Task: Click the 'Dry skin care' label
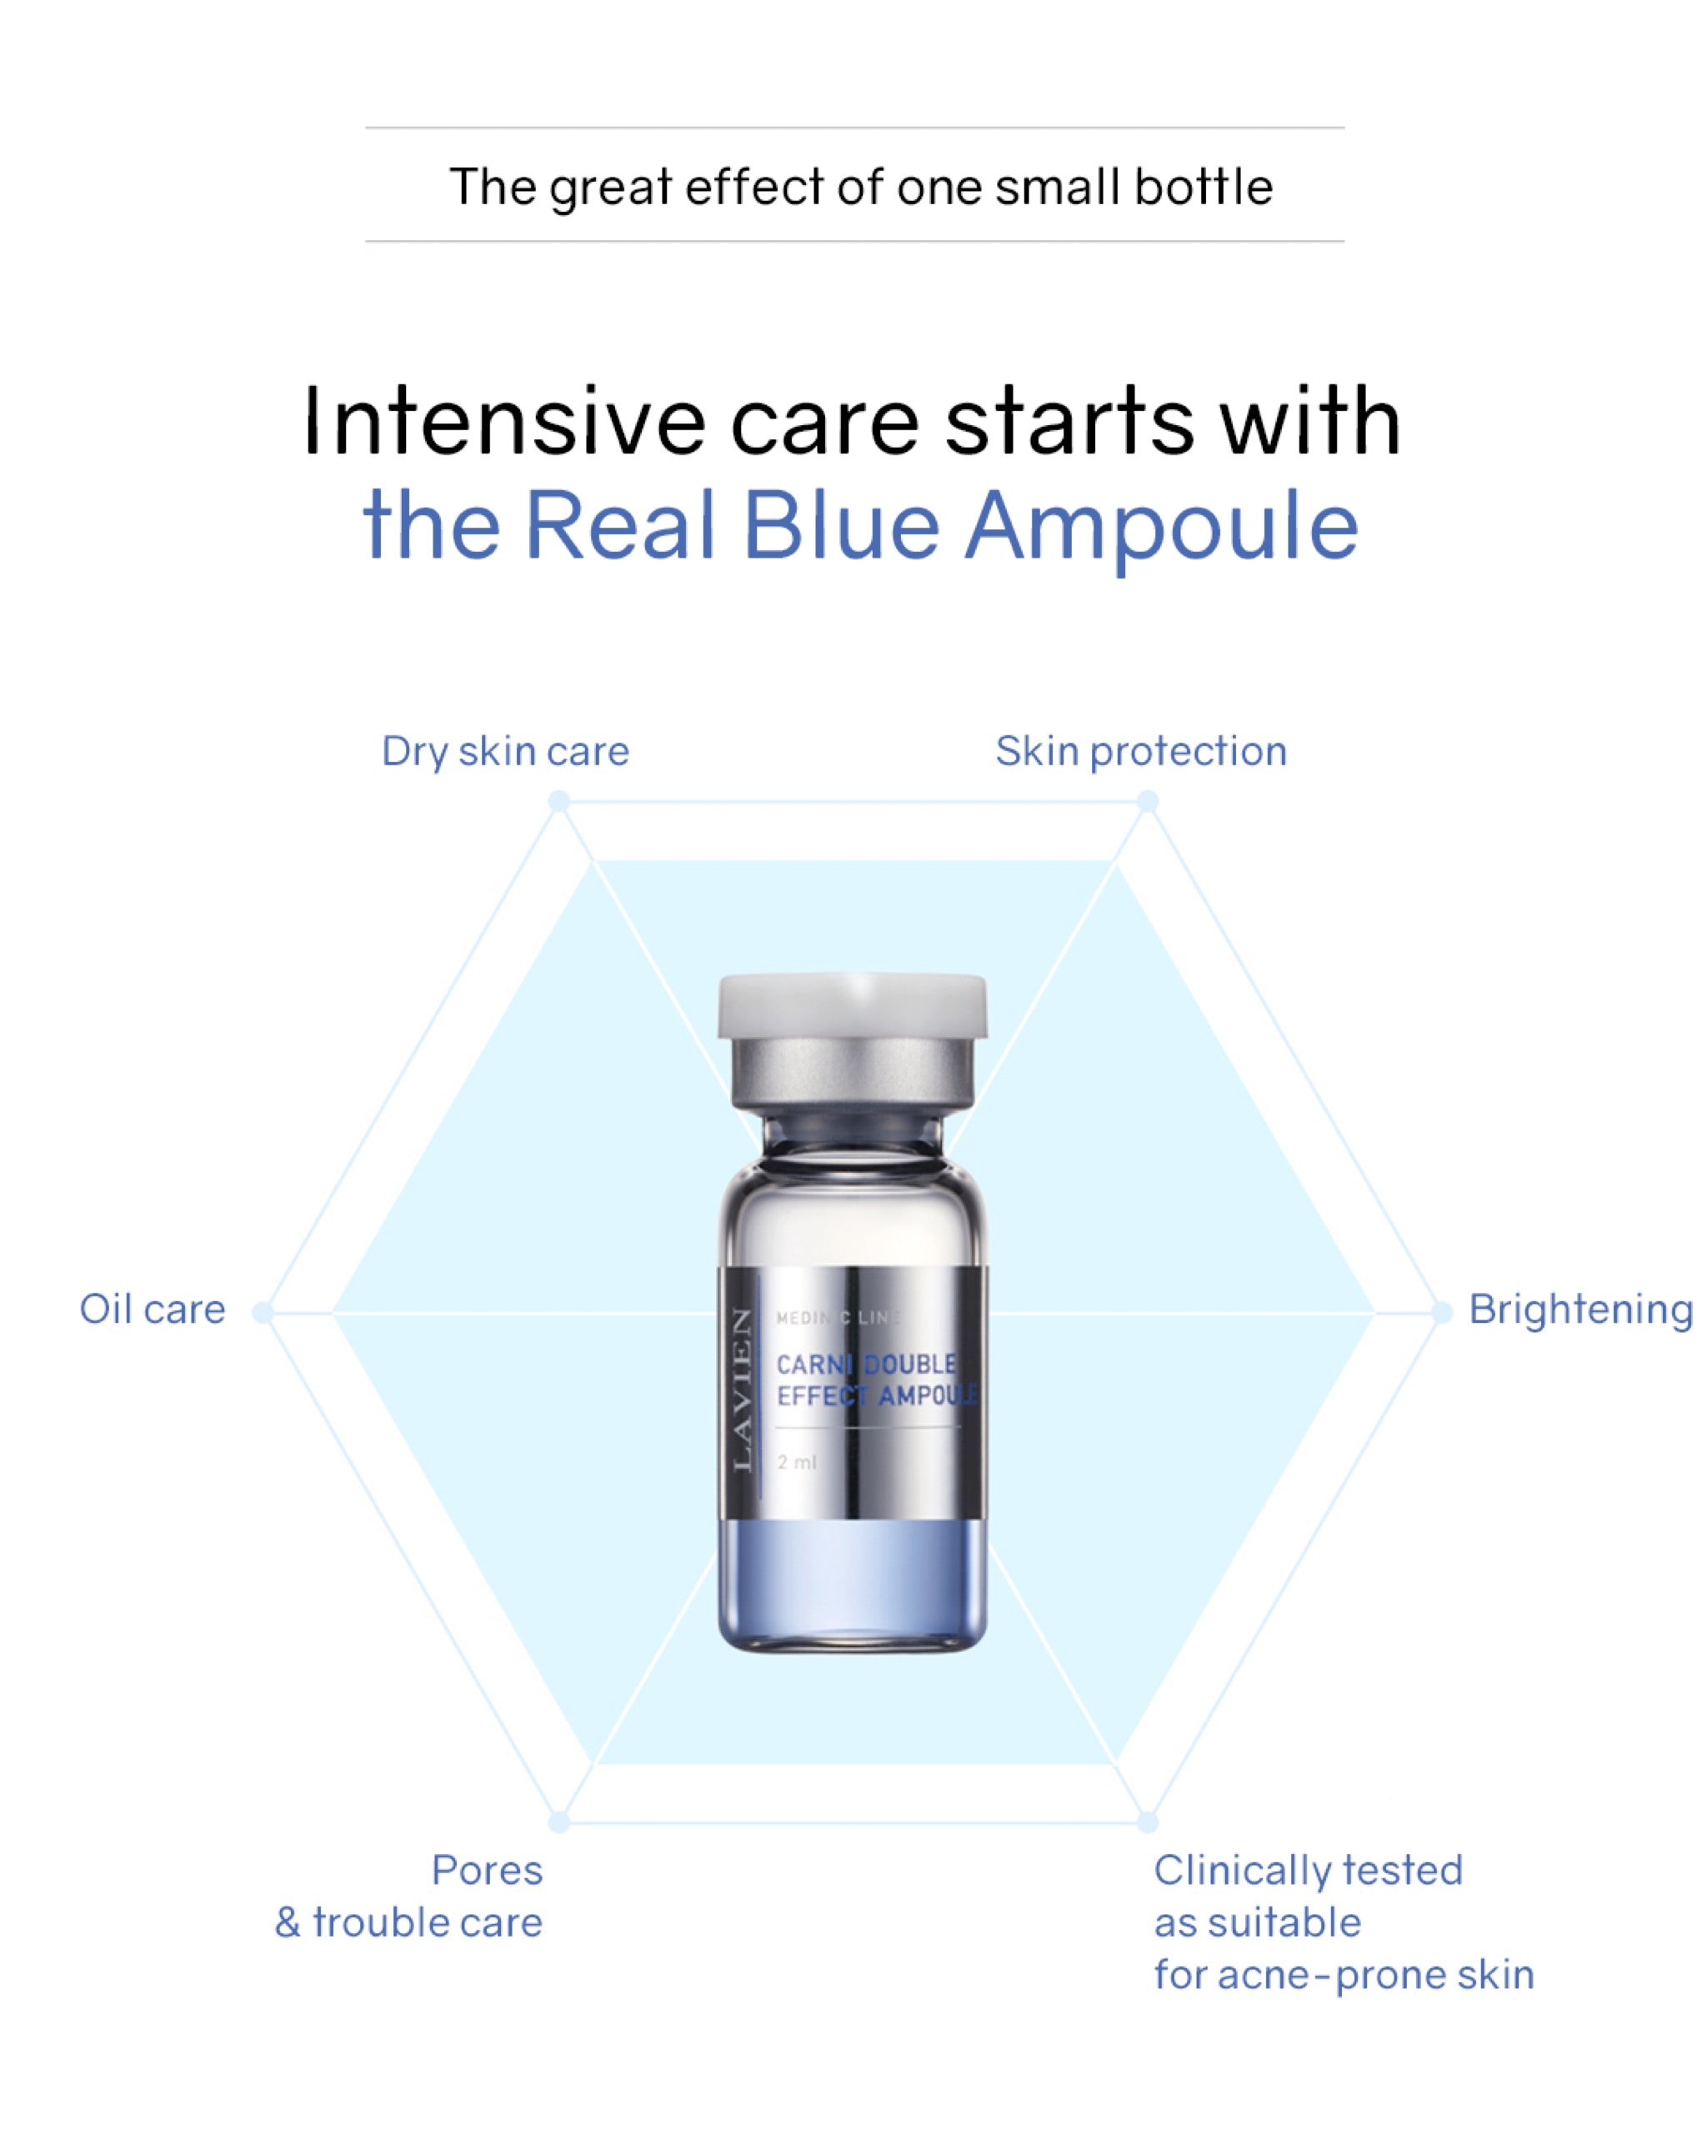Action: point(504,752)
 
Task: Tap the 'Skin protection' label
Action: point(1140,752)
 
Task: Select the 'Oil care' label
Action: point(153,1310)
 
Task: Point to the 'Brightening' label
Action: point(1579,1310)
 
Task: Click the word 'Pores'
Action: point(487,1871)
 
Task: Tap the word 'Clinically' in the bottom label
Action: point(1241,1871)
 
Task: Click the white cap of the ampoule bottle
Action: point(852,1004)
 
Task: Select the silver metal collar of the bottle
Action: point(852,1074)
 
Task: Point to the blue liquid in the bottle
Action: point(852,1584)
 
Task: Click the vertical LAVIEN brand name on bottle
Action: point(742,1390)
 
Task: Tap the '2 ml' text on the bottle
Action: point(797,1462)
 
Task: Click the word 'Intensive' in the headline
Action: point(503,423)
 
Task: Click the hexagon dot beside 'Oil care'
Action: point(263,1312)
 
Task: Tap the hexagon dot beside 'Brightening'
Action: point(1442,1312)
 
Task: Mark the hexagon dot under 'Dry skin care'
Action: point(559,801)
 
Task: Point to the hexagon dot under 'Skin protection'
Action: point(1147,801)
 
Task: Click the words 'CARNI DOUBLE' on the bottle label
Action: point(866,1364)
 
